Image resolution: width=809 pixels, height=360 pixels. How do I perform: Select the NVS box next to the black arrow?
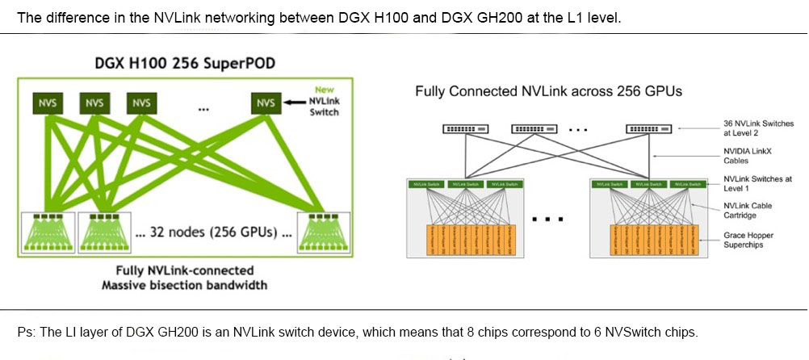[x=266, y=103]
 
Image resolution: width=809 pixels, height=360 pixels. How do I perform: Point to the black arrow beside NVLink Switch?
[x=292, y=103]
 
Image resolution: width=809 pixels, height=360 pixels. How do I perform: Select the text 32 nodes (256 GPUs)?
[x=212, y=232]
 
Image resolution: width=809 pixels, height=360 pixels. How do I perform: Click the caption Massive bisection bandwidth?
[x=184, y=285]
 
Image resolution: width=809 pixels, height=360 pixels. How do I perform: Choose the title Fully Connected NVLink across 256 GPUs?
[x=548, y=91]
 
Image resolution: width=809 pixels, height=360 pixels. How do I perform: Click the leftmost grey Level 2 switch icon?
[x=465, y=129]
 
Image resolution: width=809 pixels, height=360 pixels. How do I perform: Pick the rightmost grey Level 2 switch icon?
[x=649, y=129]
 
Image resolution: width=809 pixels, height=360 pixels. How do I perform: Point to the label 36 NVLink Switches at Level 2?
[x=758, y=128]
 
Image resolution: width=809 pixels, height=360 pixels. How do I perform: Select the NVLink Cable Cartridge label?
[x=748, y=210]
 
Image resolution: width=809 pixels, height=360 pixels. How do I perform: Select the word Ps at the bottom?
[x=23, y=333]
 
